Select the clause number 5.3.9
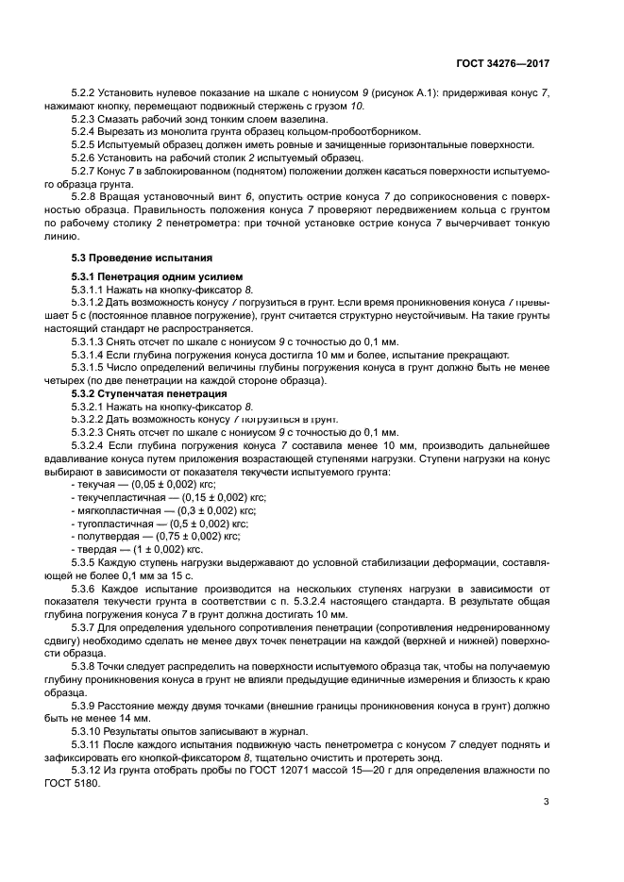[x=86, y=705]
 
